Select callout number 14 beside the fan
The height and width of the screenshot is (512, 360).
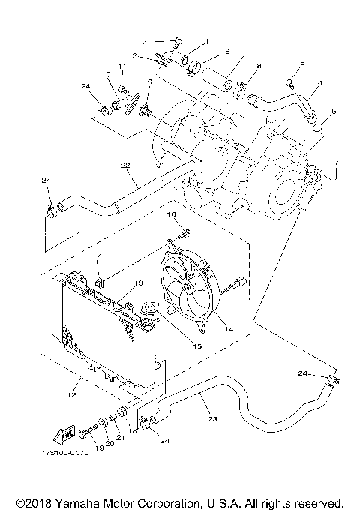[x=228, y=328]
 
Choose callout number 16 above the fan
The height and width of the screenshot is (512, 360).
[x=171, y=214]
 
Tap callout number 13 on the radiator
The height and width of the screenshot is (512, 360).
[x=137, y=283]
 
